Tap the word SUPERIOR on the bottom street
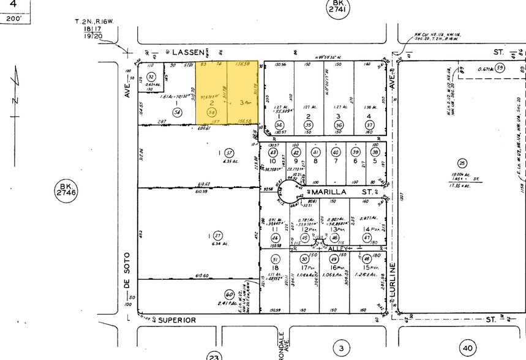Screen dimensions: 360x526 coord(178,320)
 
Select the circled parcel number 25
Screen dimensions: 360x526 coord(462,162)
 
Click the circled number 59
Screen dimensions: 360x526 coord(500,69)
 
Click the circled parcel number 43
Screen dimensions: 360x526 coord(274,152)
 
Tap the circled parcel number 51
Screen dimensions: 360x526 coord(276,260)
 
